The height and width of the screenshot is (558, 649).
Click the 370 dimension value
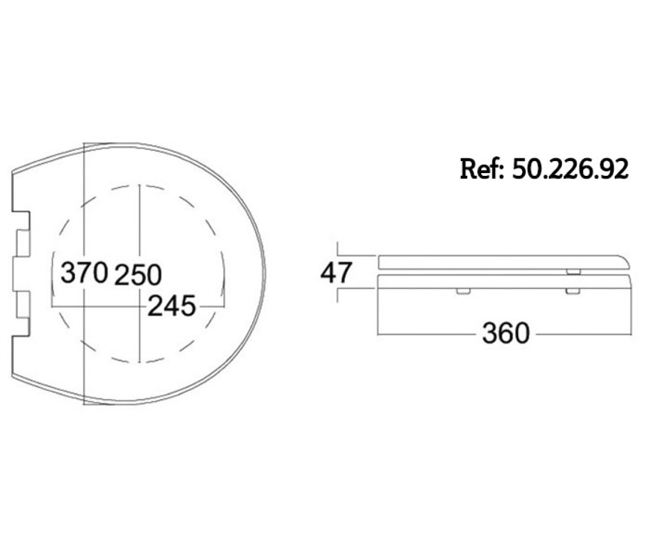[84, 272]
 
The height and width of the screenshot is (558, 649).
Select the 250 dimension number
[138, 275]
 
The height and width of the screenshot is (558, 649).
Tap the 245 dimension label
[171, 305]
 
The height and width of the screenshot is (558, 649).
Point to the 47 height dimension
[336, 272]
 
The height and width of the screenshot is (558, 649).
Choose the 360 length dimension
[506, 333]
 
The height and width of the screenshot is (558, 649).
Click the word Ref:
[482, 169]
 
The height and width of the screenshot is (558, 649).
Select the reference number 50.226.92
[571, 169]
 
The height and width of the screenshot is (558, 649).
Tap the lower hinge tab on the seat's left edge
[23, 305]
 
